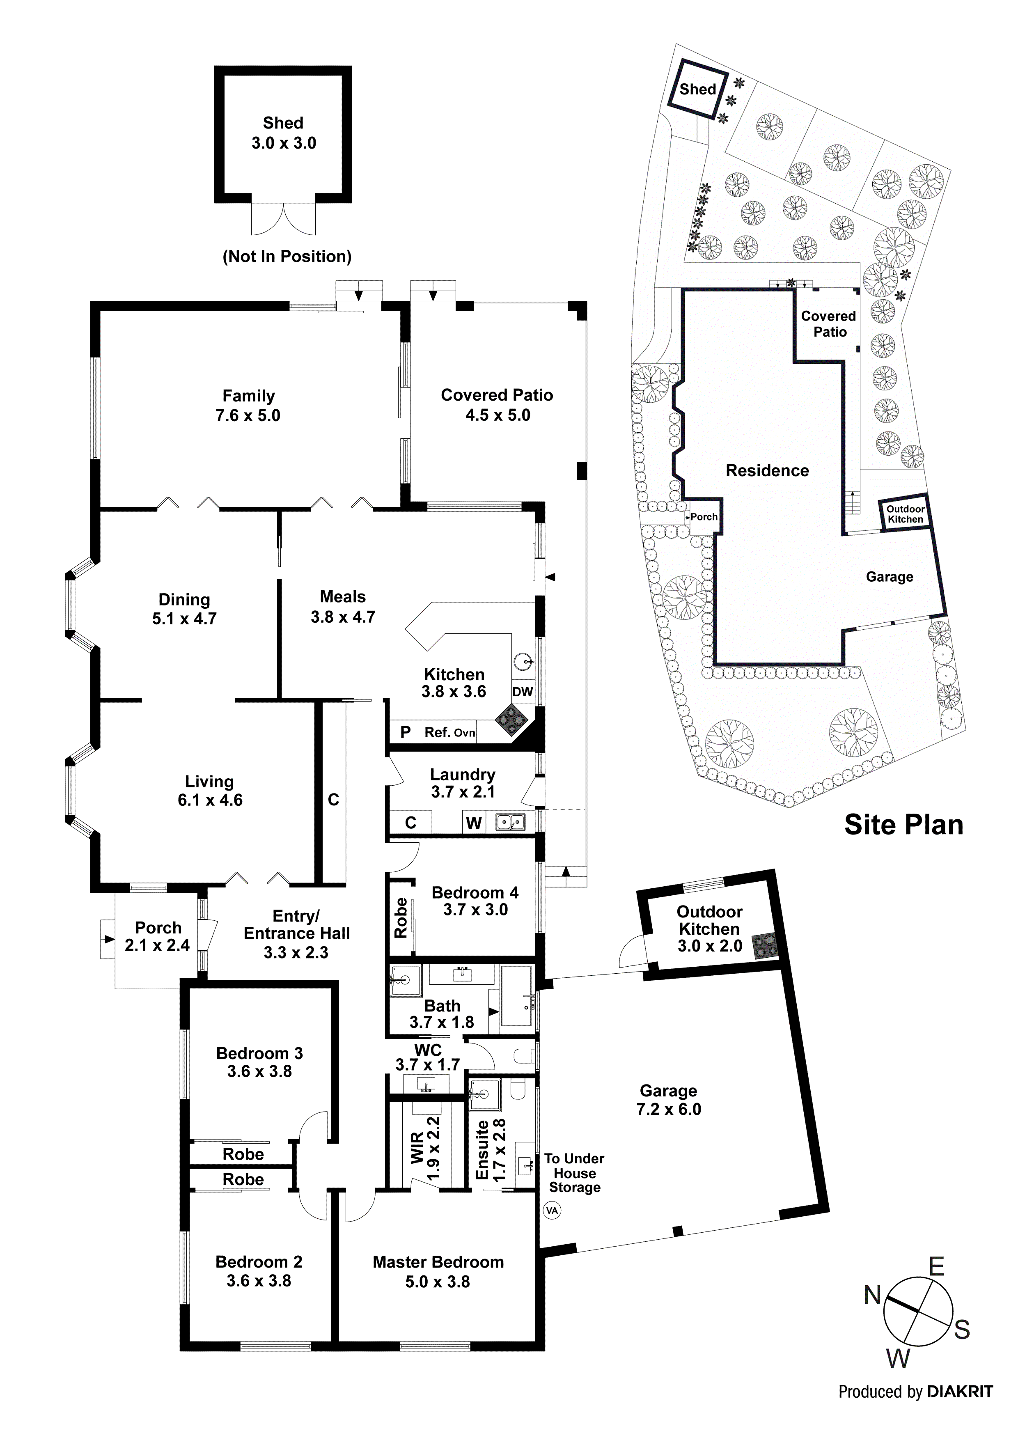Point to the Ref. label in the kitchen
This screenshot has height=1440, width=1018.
[437, 733]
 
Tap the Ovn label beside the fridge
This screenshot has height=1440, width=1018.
[465, 733]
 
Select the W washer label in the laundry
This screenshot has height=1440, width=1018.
[474, 823]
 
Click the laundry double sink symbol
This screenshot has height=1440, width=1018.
[511, 822]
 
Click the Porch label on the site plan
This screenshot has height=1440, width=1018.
[704, 517]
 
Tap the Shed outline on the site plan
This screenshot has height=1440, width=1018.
[697, 89]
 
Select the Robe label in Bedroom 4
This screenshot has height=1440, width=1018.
[401, 917]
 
